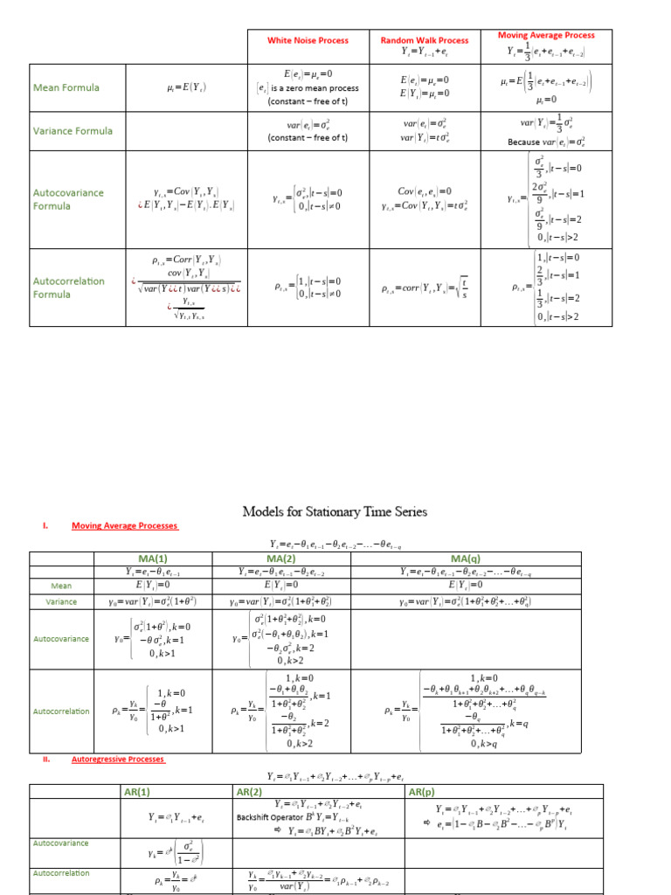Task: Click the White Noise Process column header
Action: click(x=308, y=40)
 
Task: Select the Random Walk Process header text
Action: click(x=424, y=40)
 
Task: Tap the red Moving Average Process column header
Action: click(x=545, y=36)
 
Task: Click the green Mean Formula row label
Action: click(x=66, y=87)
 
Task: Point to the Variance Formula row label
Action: click(x=73, y=131)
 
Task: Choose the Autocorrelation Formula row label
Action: click(x=68, y=288)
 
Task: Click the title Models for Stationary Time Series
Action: click(x=335, y=511)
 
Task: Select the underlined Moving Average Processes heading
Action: click(x=124, y=526)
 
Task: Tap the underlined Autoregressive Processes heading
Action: click(x=117, y=760)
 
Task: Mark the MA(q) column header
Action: click(x=460, y=559)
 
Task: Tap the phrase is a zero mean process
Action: click(x=313, y=87)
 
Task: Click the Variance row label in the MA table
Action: click(x=61, y=602)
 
